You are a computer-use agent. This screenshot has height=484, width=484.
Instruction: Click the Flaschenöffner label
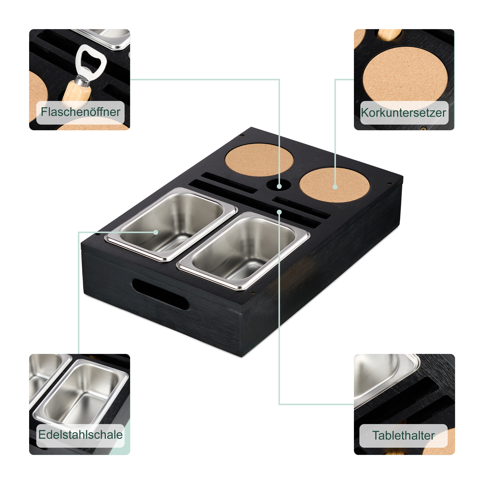tap(80, 112)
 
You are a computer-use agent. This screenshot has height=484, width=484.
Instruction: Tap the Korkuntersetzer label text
tap(404, 112)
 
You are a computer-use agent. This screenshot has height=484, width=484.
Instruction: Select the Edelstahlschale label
tap(80, 435)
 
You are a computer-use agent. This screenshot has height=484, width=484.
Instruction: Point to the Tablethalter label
tap(404, 435)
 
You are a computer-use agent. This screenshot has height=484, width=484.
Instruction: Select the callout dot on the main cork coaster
tap(335, 187)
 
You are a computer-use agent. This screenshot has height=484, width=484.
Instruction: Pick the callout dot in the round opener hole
tap(279, 186)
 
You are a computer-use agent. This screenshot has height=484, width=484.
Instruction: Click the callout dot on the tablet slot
tap(279, 212)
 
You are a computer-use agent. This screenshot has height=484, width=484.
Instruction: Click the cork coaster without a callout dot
tap(259, 159)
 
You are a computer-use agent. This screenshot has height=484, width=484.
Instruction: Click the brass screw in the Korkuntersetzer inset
tap(423, 128)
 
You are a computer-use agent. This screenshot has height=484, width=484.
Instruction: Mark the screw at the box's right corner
tap(389, 184)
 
